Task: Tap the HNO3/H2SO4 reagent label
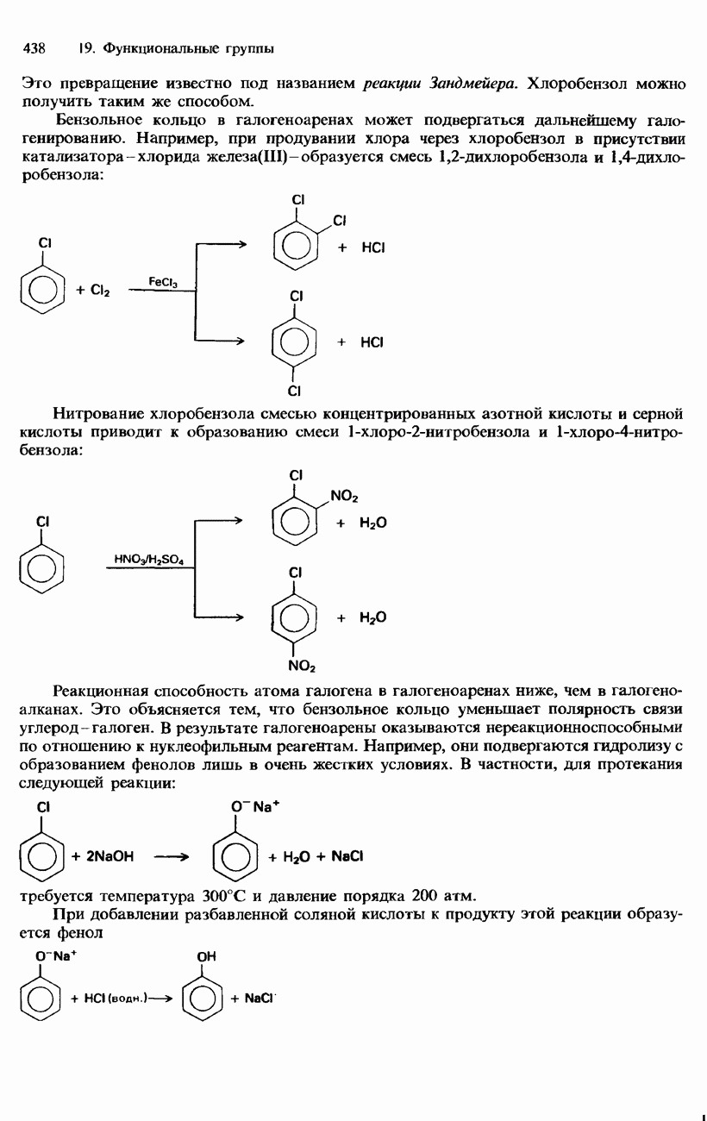point(149,560)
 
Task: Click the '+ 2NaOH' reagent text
point(103,856)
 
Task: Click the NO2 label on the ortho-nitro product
point(344,497)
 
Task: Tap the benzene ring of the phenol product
point(201,998)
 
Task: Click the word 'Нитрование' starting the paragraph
point(97,415)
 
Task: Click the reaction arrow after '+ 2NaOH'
point(171,857)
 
